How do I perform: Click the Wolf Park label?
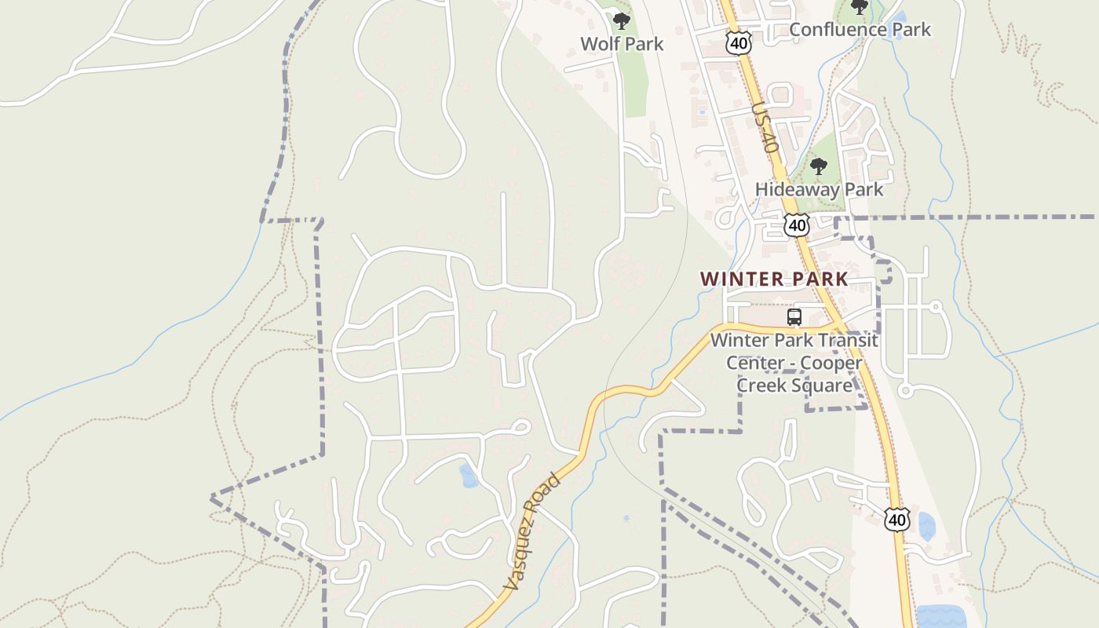pyautogui.click(x=622, y=44)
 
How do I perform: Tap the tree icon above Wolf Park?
pyautogui.click(x=622, y=21)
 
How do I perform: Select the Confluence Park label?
pyautogui.click(x=860, y=30)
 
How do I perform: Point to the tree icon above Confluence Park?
pyautogui.click(x=860, y=7)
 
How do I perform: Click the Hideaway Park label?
pyautogui.click(x=819, y=189)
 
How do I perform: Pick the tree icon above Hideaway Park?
pyautogui.click(x=819, y=166)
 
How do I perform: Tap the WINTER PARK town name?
pyautogui.click(x=774, y=279)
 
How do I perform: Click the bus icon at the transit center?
pyautogui.click(x=794, y=317)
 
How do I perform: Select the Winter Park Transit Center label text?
pyautogui.click(x=794, y=341)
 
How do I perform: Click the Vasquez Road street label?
pyautogui.click(x=532, y=531)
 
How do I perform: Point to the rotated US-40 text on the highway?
pyautogui.click(x=764, y=128)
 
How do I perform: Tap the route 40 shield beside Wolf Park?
pyautogui.click(x=738, y=43)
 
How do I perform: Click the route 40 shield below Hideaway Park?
pyautogui.click(x=797, y=225)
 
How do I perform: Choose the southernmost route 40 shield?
pyautogui.click(x=896, y=520)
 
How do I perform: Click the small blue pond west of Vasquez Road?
pyautogui.click(x=469, y=476)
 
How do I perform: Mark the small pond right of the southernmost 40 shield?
pyautogui.click(x=926, y=526)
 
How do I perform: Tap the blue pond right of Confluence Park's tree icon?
pyautogui.click(x=897, y=15)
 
